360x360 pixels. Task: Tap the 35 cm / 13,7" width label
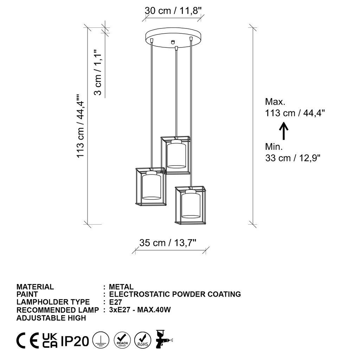[168, 243]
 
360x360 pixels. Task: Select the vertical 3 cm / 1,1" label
[98, 72]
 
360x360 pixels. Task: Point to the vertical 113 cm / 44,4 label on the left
[81, 127]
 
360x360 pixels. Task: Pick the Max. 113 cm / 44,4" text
[295, 108]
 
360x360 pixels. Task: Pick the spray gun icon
[162, 339]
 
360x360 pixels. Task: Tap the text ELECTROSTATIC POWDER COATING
[175, 294]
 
